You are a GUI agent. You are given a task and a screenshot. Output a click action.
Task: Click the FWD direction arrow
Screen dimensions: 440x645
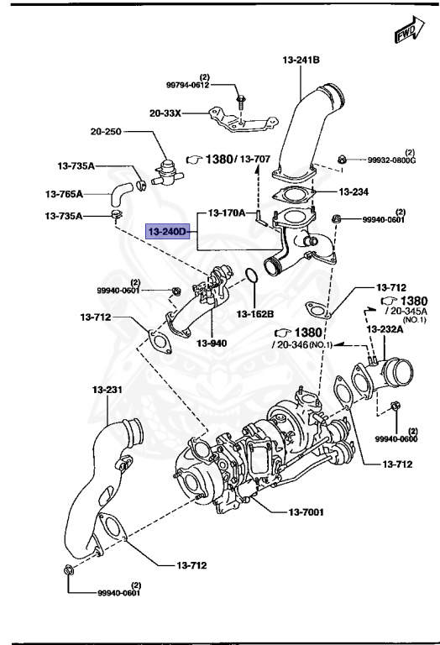410,29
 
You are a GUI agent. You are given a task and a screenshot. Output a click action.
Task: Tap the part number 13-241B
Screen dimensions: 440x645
301,60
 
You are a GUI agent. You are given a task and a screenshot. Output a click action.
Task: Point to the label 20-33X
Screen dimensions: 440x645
165,113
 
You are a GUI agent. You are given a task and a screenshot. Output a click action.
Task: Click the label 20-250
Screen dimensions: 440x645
106,132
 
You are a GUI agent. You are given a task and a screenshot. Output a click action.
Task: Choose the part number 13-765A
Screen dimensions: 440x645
64,193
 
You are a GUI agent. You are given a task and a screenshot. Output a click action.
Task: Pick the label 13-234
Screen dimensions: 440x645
354,191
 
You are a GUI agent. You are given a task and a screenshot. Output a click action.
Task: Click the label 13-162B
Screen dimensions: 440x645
255,314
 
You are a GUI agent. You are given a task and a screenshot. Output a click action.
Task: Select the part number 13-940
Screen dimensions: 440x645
212,343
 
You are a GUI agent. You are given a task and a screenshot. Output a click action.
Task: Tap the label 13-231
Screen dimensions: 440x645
107,389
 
